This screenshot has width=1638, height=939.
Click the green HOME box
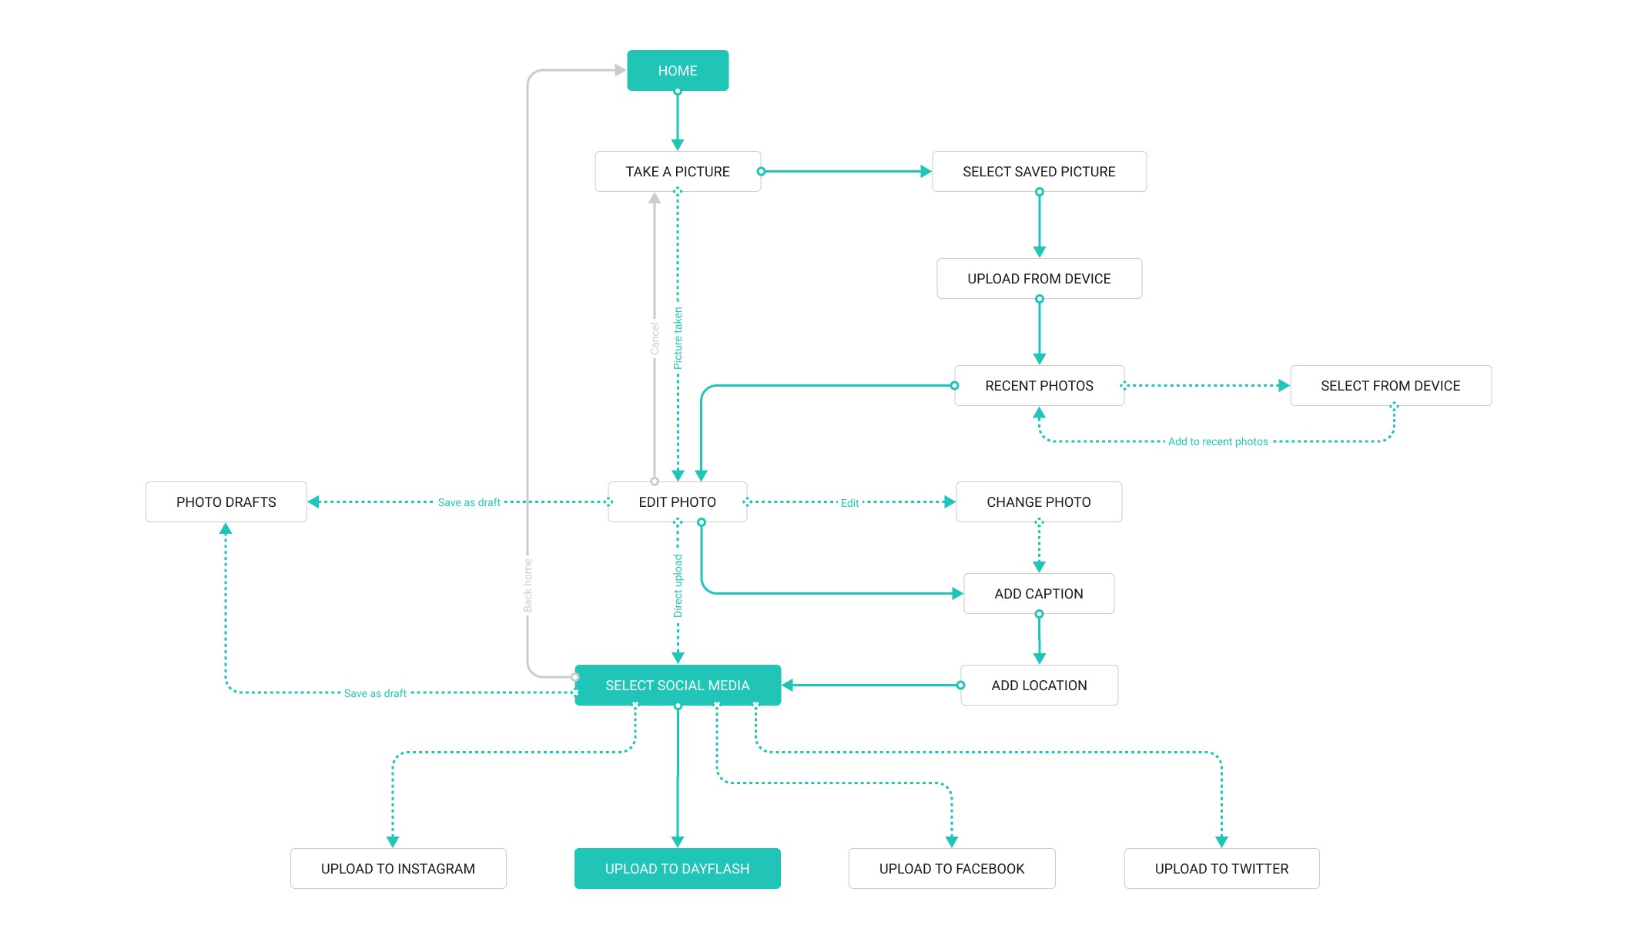pyautogui.click(x=678, y=71)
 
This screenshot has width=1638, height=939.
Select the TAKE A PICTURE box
pyautogui.click(x=678, y=172)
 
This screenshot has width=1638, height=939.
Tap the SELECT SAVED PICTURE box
pyautogui.click(x=1039, y=172)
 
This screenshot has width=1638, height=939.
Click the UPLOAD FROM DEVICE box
pyautogui.click(x=1039, y=279)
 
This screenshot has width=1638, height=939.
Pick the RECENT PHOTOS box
pyautogui.click(x=1039, y=386)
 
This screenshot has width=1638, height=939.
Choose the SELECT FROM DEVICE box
pyautogui.click(x=1390, y=386)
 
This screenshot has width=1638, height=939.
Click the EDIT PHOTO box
pyautogui.click(x=677, y=502)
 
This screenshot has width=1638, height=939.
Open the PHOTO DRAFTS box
pyautogui.click(x=226, y=502)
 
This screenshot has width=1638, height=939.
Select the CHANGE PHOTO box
pyautogui.click(x=1038, y=502)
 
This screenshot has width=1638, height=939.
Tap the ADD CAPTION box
pyautogui.click(x=1038, y=594)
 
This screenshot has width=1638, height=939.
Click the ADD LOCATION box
pyautogui.click(x=1039, y=686)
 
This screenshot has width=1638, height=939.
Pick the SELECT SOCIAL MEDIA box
pyautogui.click(x=677, y=686)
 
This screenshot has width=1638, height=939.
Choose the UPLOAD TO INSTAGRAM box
pyautogui.click(x=398, y=869)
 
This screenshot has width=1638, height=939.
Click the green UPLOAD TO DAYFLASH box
pyautogui.click(x=677, y=869)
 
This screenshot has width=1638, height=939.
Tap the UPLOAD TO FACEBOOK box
pyautogui.click(x=952, y=869)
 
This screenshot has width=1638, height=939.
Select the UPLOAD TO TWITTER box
pyautogui.click(x=1221, y=869)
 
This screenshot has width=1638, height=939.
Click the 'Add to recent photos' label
pyautogui.click(x=1218, y=442)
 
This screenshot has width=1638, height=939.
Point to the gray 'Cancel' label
pyautogui.click(x=655, y=339)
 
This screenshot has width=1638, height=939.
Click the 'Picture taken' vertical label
pyautogui.click(x=678, y=339)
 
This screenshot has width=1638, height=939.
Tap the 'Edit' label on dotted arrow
pyautogui.click(x=849, y=503)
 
